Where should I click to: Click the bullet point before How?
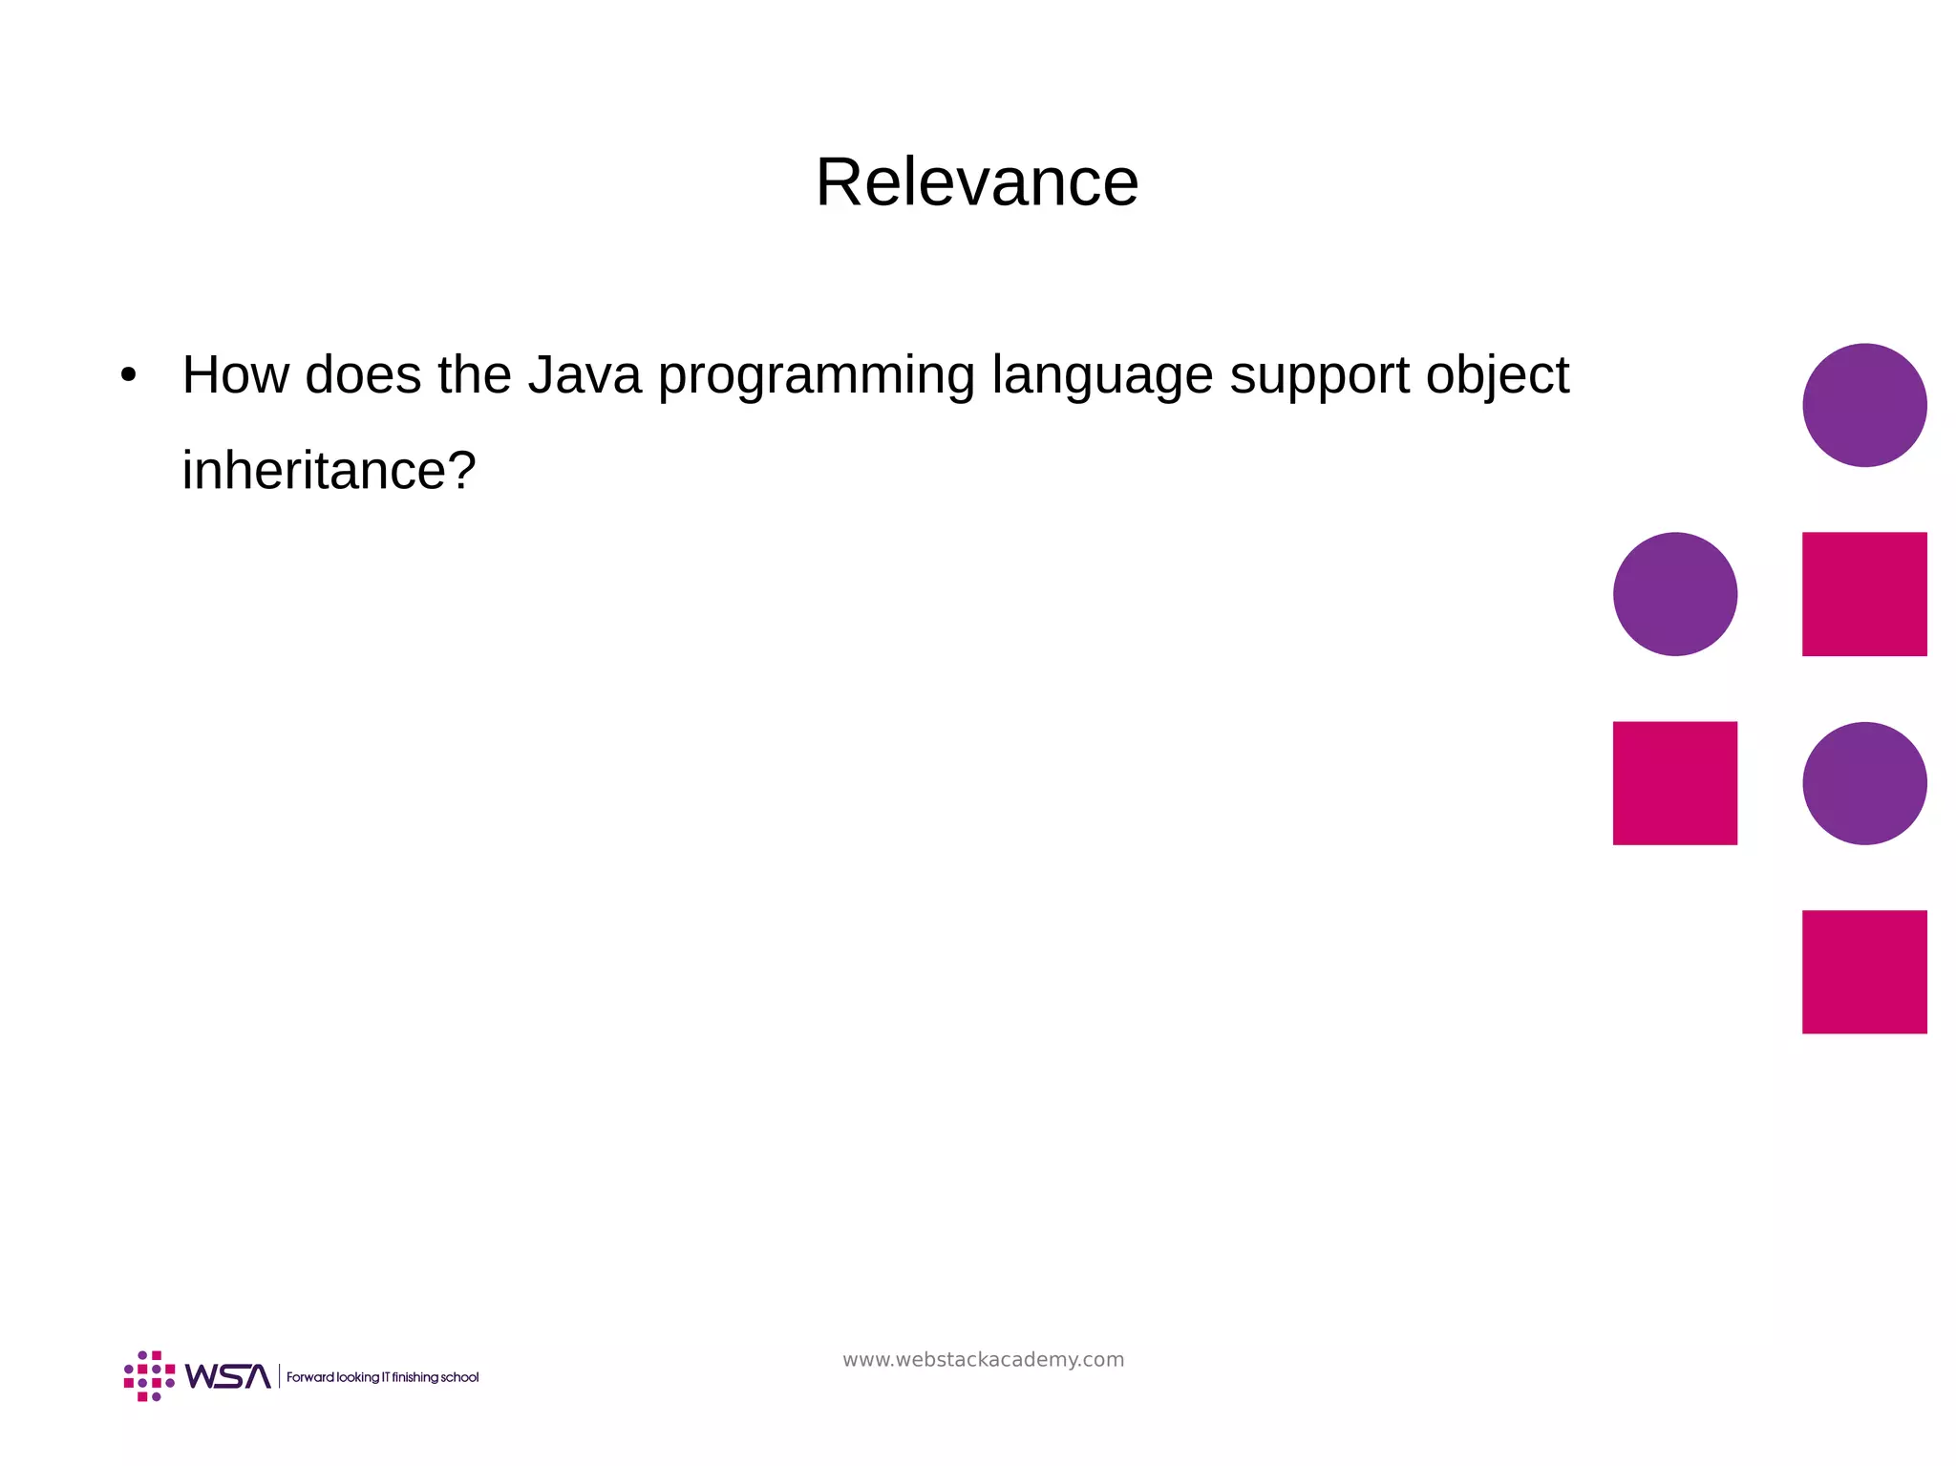click(x=129, y=375)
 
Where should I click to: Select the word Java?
click(x=584, y=374)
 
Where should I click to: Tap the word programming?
click(x=816, y=376)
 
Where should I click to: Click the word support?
click(x=1319, y=376)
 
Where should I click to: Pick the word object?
click(x=1497, y=376)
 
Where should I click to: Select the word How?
click(x=235, y=374)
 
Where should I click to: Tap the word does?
click(x=362, y=374)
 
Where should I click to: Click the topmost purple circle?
click(x=1863, y=405)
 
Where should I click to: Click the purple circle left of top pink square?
click(x=1674, y=594)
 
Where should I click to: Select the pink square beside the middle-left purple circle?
click(x=1863, y=594)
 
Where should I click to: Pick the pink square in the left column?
click(x=1674, y=783)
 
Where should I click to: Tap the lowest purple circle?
click(x=1863, y=783)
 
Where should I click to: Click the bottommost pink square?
click(x=1863, y=971)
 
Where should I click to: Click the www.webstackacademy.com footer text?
click(x=983, y=1359)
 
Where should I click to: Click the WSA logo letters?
click(x=227, y=1376)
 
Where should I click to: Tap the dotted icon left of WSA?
click(x=149, y=1376)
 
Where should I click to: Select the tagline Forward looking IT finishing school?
click(x=382, y=1377)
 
